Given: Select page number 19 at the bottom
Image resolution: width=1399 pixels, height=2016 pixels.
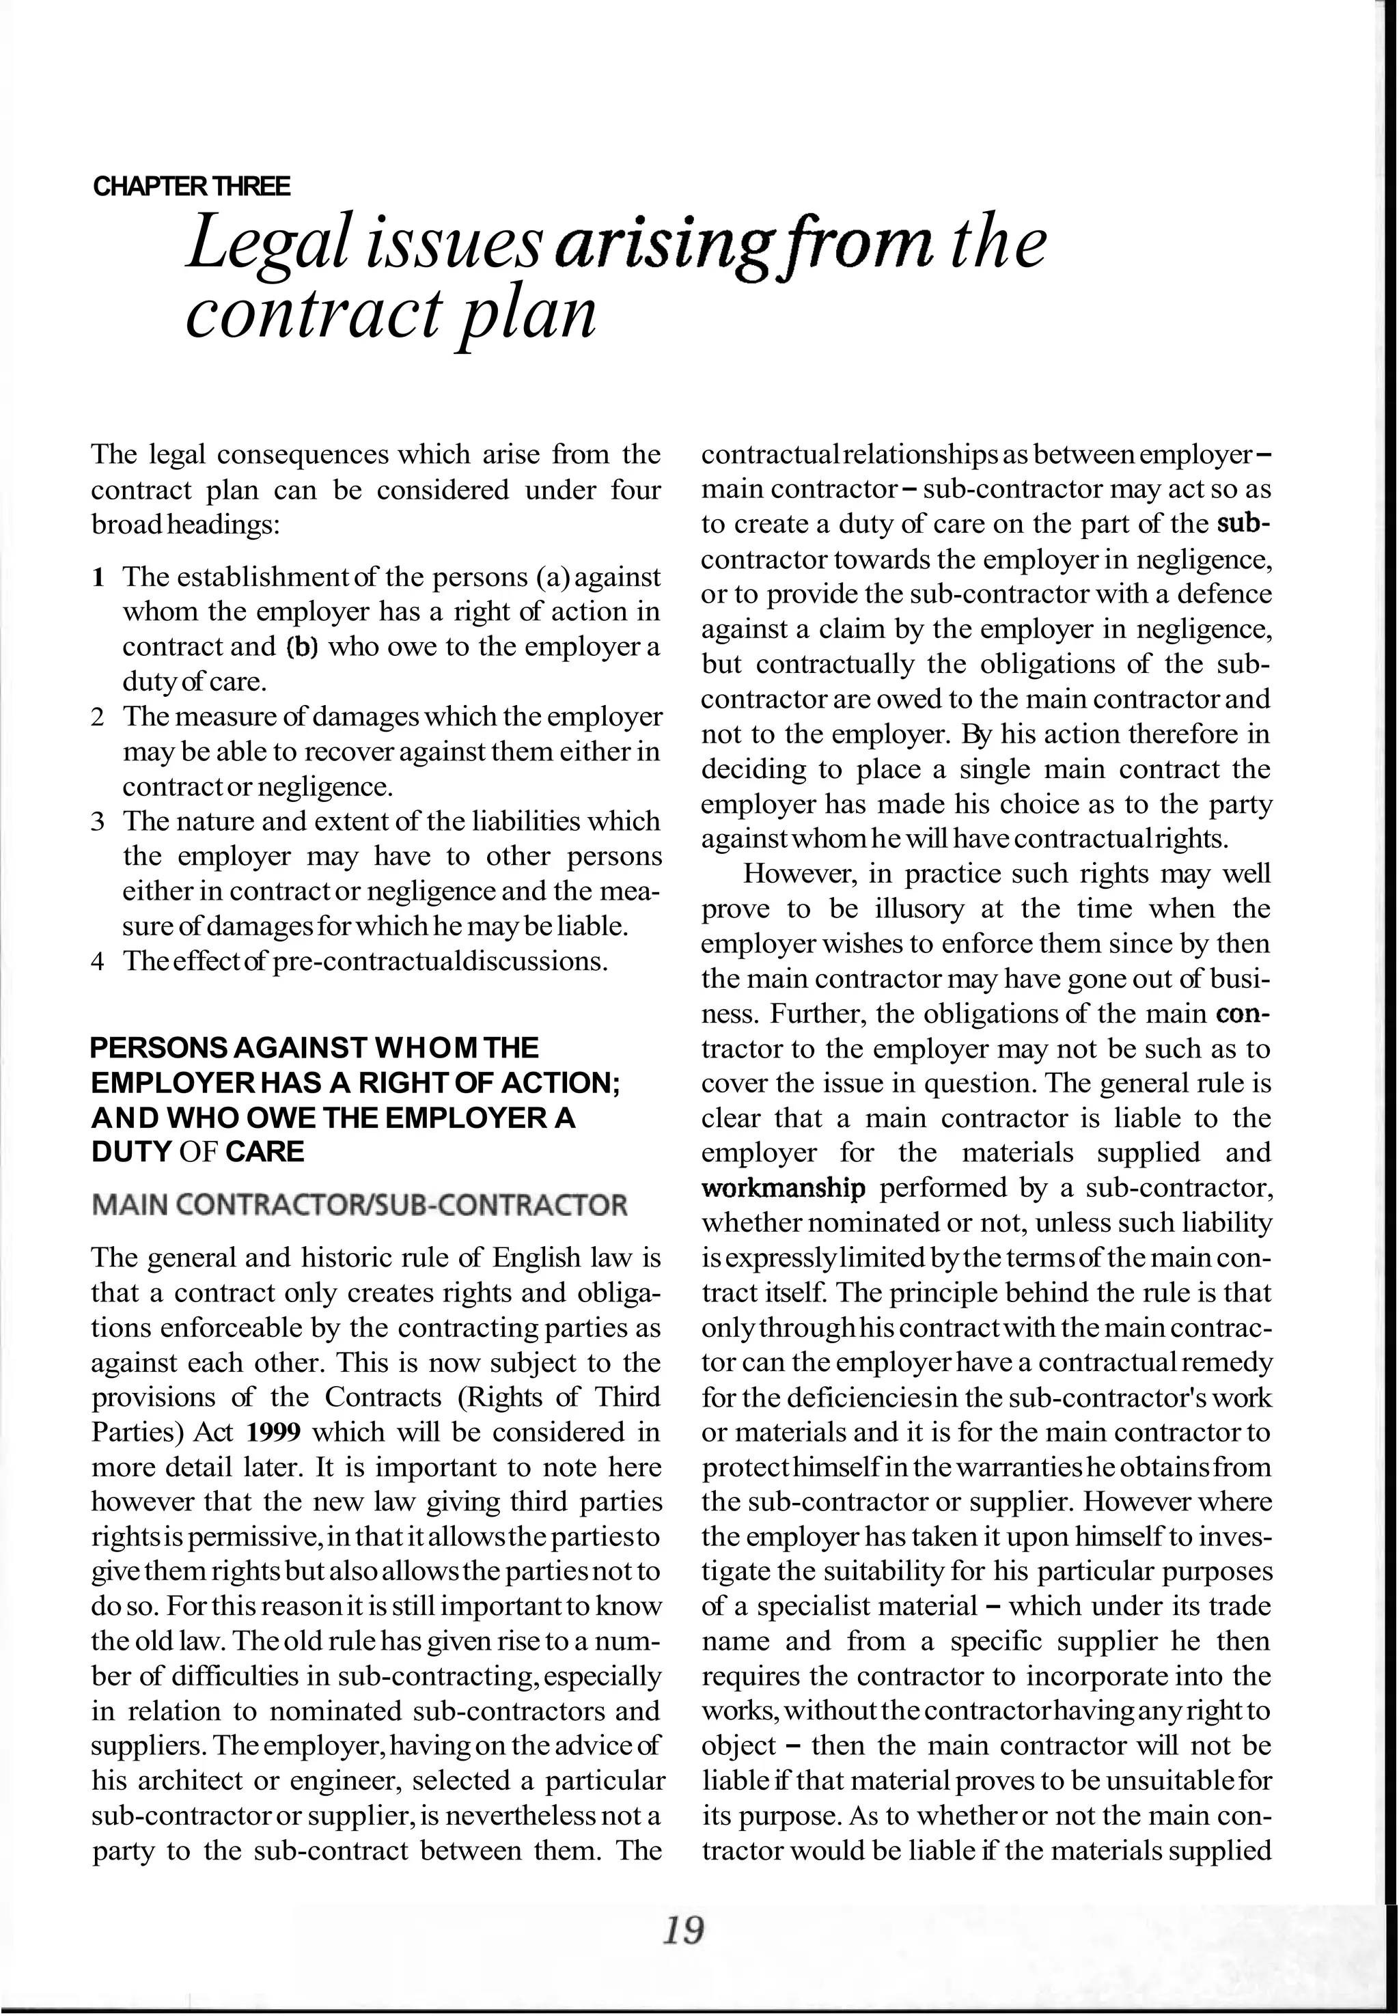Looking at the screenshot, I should click(x=684, y=1930).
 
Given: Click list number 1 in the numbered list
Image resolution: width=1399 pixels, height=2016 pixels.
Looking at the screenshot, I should click(x=98, y=578).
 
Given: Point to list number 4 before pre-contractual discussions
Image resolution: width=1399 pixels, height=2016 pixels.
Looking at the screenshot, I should click(x=98, y=961).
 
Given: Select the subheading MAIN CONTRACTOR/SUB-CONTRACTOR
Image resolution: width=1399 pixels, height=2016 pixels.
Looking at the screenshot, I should click(x=359, y=1205).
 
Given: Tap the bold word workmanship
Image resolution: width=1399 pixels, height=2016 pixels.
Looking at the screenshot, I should click(x=783, y=1189).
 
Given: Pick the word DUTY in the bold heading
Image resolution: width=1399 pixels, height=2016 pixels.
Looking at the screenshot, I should click(x=130, y=1152).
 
